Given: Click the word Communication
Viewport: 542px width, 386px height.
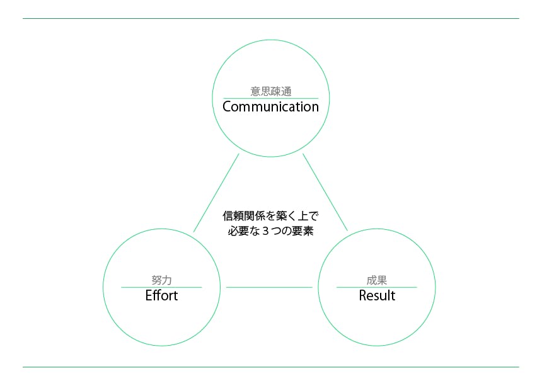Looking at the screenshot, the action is click(x=270, y=106).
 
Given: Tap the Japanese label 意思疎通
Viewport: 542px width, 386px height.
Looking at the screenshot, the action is click(x=271, y=91).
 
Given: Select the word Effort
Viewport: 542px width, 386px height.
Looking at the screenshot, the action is click(x=161, y=295).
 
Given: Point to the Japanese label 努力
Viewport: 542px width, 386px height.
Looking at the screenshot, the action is click(x=161, y=280).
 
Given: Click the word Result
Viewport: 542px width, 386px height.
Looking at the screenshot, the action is click(x=377, y=295).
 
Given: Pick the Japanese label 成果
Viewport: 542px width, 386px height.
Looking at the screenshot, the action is click(x=377, y=280).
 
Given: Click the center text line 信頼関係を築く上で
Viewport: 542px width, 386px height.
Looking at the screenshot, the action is click(x=270, y=216).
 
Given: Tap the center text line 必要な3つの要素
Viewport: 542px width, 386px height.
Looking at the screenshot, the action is click(x=270, y=230).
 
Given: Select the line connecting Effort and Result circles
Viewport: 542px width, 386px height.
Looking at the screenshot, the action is click(x=269, y=287).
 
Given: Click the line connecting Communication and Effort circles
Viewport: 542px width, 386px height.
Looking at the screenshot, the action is click(x=216, y=193).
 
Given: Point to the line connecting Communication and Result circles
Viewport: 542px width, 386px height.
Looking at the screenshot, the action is click(x=325, y=192).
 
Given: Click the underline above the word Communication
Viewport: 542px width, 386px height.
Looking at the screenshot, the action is click(x=270, y=98).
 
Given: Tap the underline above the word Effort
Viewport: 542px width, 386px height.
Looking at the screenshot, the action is click(x=161, y=287).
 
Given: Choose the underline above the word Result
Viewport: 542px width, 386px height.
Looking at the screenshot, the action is click(x=377, y=287).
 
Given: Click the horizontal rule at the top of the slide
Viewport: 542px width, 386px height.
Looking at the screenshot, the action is click(x=271, y=19).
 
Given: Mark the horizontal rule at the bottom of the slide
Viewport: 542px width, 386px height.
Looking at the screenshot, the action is click(x=271, y=367).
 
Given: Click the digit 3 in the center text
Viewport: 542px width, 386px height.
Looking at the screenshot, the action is click(x=265, y=231).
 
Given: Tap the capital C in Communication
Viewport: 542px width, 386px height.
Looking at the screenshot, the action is click(x=227, y=106).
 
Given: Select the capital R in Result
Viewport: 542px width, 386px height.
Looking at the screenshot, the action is click(x=363, y=295).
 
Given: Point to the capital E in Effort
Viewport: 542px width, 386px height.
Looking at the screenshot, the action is click(x=149, y=295).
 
